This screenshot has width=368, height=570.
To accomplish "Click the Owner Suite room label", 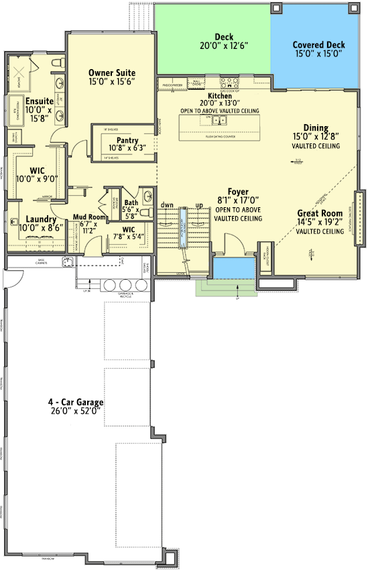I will click(112, 72).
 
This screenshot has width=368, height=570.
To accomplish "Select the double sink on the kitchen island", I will click(219, 121).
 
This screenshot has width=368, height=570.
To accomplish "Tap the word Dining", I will click(316, 127).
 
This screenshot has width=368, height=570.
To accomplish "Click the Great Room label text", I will click(320, 214).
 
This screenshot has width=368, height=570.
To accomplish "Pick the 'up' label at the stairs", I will click(198, 205).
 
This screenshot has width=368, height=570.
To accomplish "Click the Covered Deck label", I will click(318, 46).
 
